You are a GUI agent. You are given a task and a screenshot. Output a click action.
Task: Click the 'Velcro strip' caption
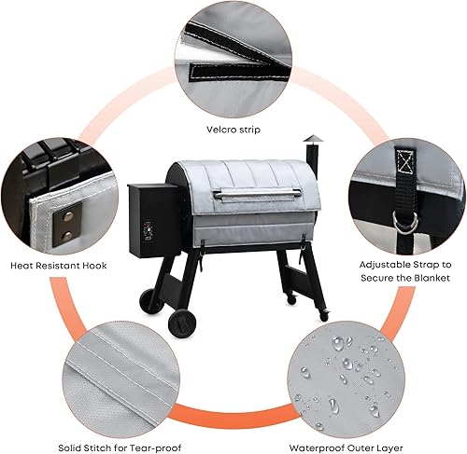[x=233, y=130]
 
